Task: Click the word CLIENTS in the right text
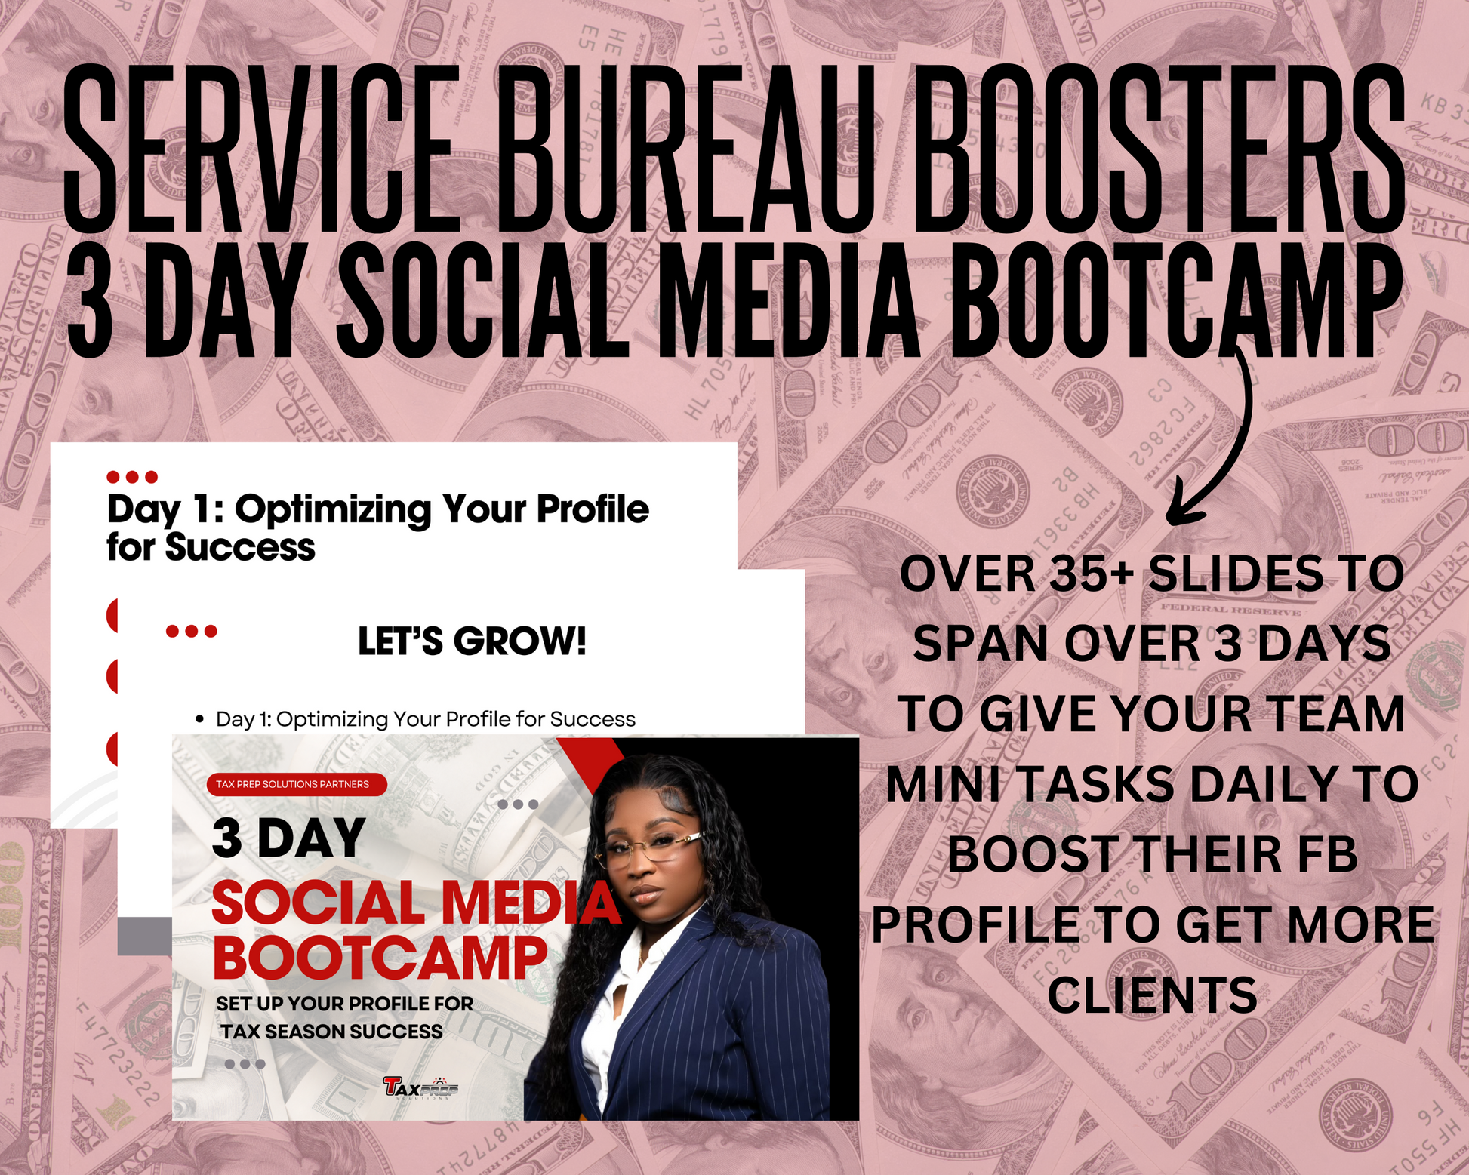pos(1152,995)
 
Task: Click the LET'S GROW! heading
pos(472,641)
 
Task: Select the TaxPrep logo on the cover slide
pos(420,1087)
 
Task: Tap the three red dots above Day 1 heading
pos(132,477)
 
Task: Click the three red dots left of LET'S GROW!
pos(191,631)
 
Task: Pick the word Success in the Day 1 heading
pos(240,547)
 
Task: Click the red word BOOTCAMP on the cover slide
pos(380,958)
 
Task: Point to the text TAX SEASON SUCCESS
pos(331,1032)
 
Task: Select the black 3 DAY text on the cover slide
pos(288,838)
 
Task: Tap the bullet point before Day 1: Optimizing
pos(199,720)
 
